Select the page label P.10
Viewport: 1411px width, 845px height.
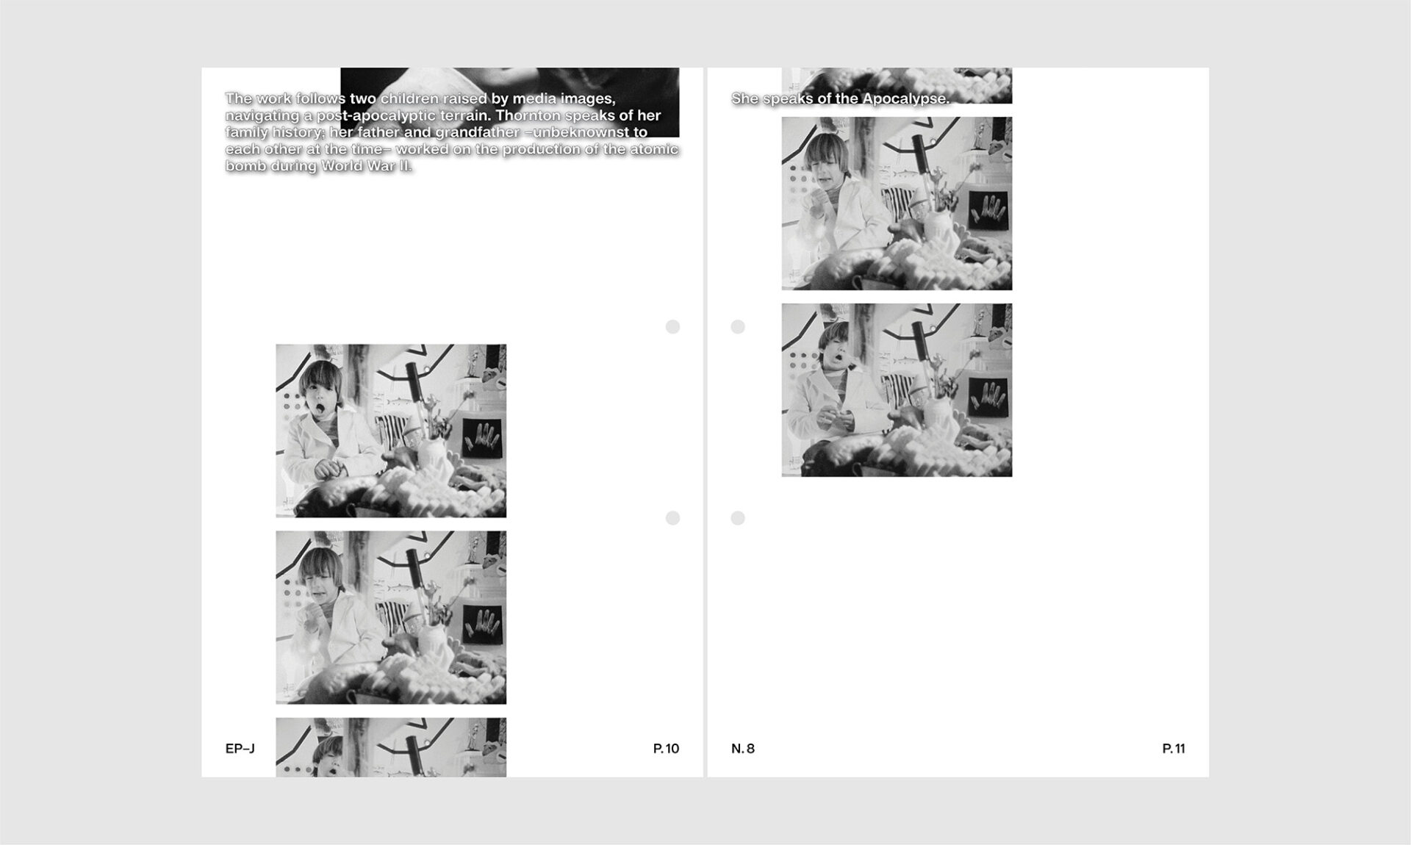click(666, 749)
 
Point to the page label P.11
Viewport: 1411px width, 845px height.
click(1174, 749)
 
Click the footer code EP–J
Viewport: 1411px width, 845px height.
click(240, 749)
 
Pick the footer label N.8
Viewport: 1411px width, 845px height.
click(743, 749)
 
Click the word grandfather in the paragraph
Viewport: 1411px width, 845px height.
click(477, 132)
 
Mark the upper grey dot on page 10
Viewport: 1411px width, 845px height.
click(672, 327)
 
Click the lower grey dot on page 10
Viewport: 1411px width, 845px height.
click(672, 518)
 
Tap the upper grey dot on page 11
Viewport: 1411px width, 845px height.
click(738, 327)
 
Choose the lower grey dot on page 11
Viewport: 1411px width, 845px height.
click(738, 518)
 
